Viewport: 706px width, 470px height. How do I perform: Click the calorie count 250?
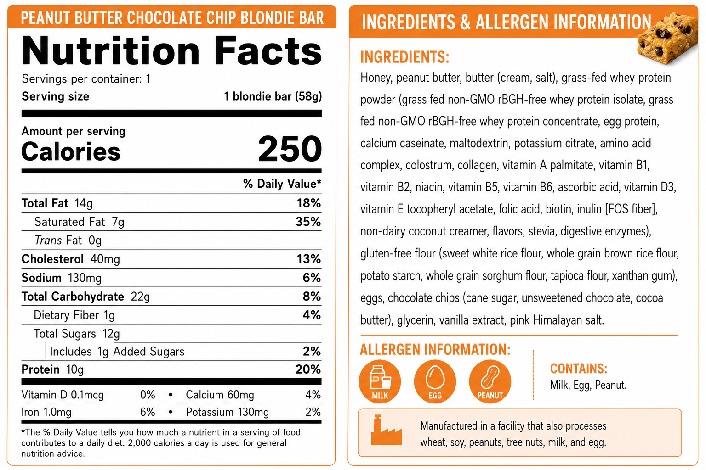290,149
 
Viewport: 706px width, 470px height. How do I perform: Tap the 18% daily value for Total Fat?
308,203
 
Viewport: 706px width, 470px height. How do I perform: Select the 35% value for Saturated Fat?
308,222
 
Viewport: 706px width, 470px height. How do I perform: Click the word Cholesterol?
52,259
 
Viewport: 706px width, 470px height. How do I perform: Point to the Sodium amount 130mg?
85,278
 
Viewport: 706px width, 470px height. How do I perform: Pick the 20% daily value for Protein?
308,369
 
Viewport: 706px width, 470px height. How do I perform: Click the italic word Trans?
48,240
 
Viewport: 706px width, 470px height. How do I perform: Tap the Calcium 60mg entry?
220,394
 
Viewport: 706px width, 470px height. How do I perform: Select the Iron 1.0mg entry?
46,412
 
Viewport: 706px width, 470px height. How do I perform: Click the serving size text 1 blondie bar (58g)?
273,96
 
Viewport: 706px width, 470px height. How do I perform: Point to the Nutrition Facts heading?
172,50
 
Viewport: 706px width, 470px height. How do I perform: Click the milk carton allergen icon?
380,381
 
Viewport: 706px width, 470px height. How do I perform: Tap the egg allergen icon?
435,381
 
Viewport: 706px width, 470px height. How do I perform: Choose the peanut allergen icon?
490,381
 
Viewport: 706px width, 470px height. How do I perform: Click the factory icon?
386,430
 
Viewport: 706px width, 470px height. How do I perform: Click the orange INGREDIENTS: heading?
404,57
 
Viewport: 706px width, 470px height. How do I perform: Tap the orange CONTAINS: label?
579,369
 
